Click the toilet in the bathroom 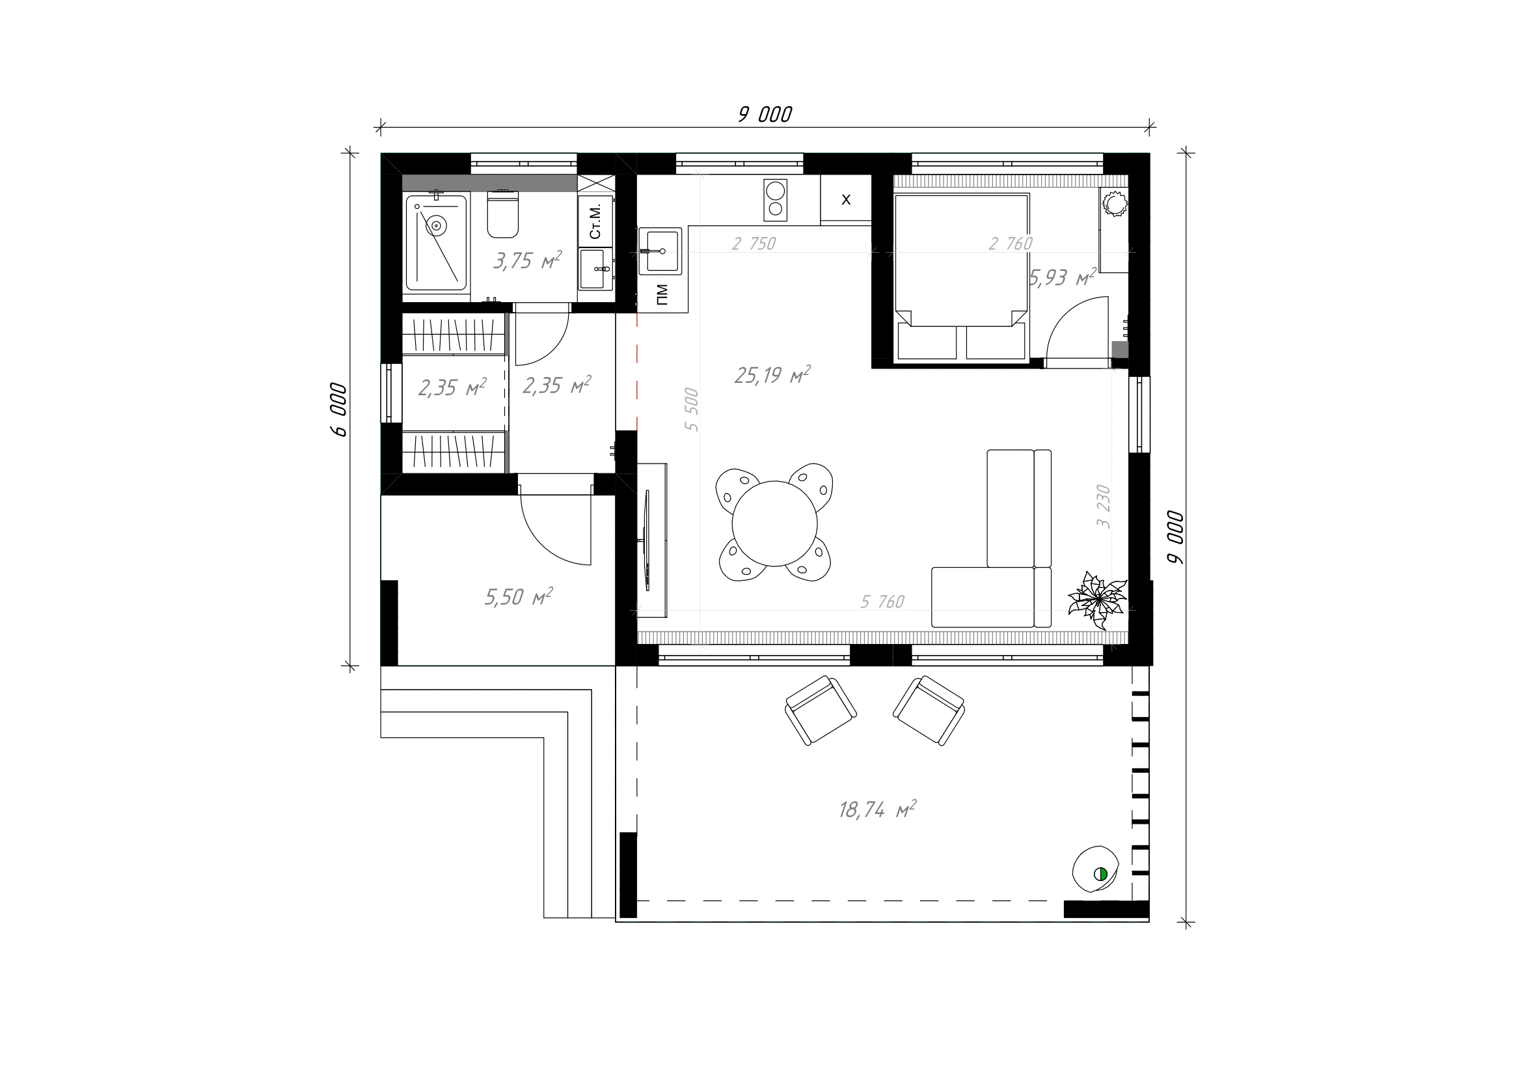502,214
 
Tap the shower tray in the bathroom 436,242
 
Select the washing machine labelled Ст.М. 595,220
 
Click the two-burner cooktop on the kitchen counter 775,200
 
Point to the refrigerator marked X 846,199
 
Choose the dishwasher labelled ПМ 662,294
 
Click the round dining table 774,524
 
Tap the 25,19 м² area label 772,375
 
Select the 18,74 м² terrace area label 877,809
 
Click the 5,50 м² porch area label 519,597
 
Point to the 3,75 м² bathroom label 527,260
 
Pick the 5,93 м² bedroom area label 1062,277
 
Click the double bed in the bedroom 961,277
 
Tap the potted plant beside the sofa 1097,600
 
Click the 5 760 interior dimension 882,602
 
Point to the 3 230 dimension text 1103,506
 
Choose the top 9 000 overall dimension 765,115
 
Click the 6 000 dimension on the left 338,409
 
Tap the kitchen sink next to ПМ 660,251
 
